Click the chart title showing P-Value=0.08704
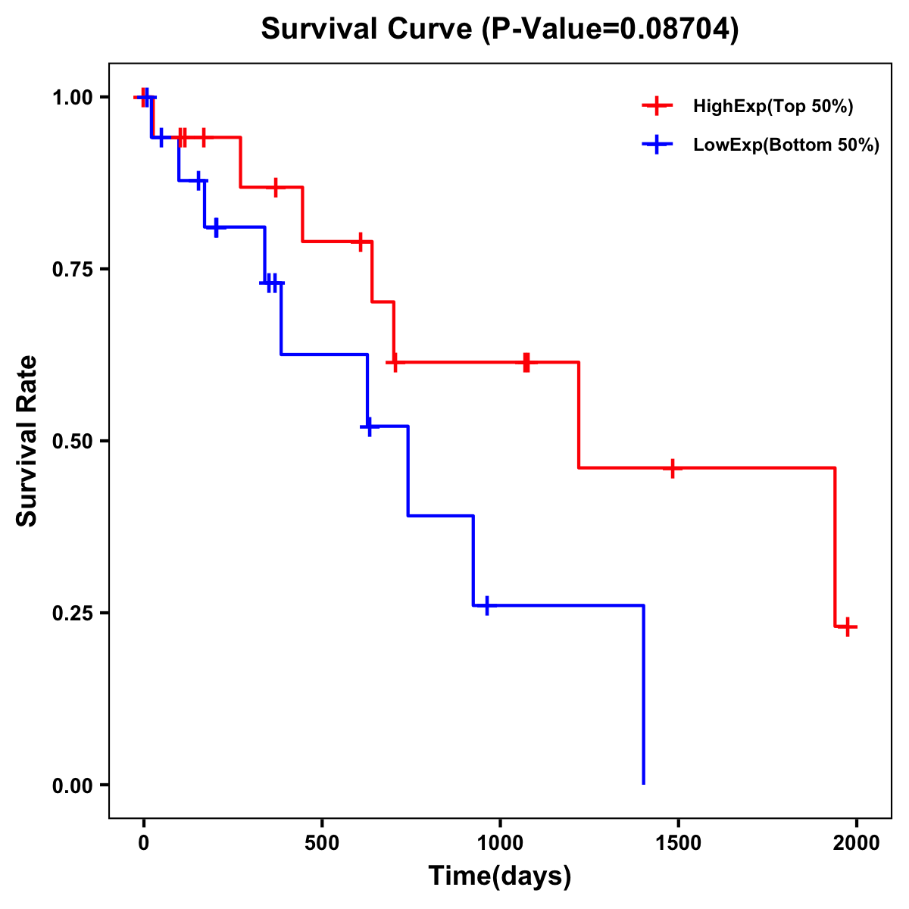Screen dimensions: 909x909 tap(499, 29)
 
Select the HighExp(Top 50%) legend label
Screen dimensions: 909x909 tap(773, 107)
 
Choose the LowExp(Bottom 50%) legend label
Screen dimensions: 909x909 tap(786, 145)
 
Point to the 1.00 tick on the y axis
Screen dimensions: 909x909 tap(72, 98)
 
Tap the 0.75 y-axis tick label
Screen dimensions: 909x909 tap(72, 270)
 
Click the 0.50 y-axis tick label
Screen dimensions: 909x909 tap(72, 442)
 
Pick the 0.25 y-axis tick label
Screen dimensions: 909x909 tap(72, 614)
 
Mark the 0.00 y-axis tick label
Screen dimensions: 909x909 tap(72, 786)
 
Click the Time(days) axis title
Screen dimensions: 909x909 tap(500, 876)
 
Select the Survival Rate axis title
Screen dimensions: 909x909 tap(28, 441)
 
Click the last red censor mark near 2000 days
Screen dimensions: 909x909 tap(848, 626)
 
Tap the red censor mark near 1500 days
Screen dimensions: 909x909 tap(672, 468)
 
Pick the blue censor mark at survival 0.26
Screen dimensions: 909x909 tap(486, 605)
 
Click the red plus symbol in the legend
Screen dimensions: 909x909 tap(657, 107)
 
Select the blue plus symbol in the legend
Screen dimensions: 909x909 tap(657, 145)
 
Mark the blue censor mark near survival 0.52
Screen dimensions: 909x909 tap(369, 426)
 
